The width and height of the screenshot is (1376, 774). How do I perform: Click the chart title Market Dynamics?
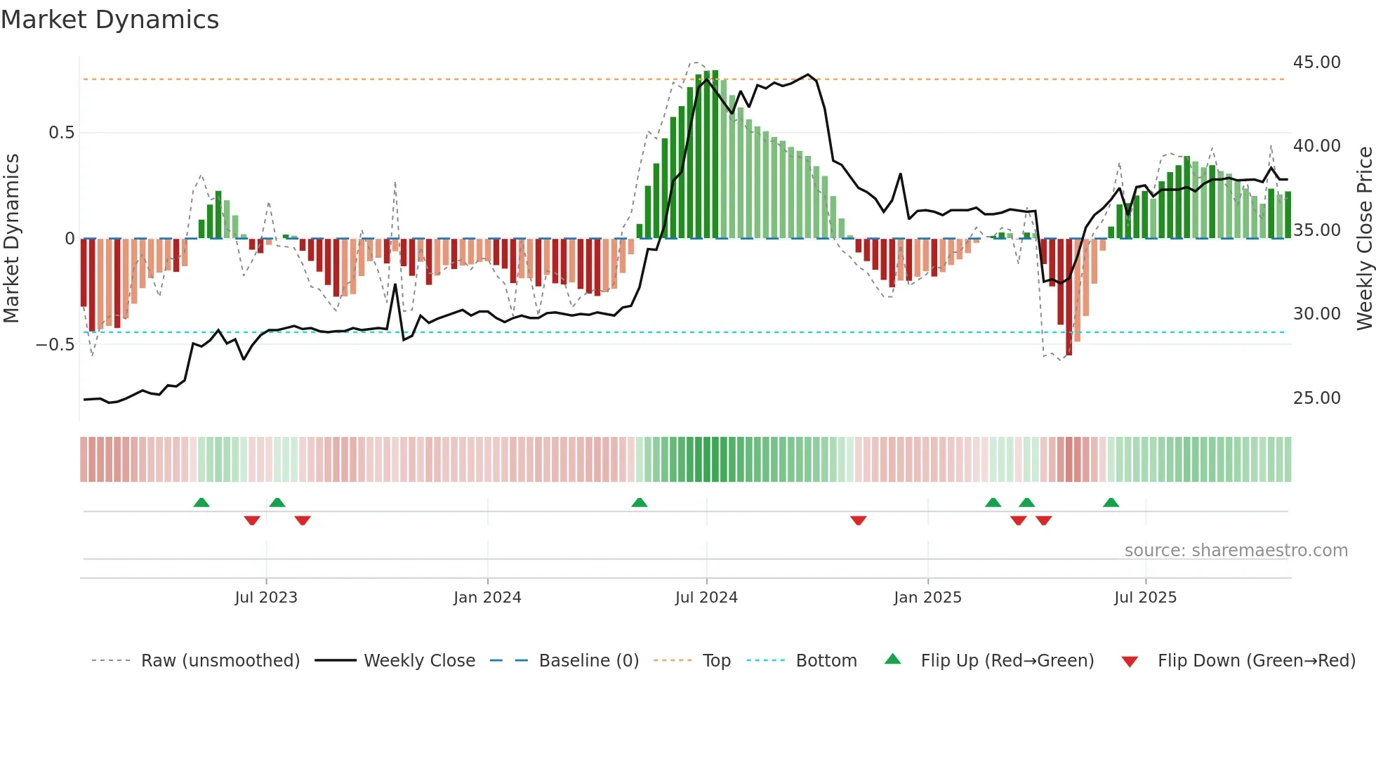click(x=110, y=20)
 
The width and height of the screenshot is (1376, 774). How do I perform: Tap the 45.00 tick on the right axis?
click(x=1316, y=63)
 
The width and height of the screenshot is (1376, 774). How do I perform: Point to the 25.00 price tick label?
click(x=1316, y=398)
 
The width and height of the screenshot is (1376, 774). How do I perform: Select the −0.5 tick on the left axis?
click(x=55, y=345)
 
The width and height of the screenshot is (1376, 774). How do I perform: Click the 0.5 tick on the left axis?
click(x=61, y=133)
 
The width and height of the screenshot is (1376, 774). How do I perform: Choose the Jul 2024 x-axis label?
click(x=706, y=598)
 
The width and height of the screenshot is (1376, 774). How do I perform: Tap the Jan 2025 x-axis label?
click(x=927, y=598)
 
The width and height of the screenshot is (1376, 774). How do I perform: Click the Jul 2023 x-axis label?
click(x=266, y=598)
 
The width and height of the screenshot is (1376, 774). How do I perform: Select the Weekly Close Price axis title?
click(x=1364, y=239)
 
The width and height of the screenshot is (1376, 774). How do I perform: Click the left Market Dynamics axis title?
click(x=11, y=239)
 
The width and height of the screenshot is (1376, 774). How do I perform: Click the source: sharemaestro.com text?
click(x=1236, y=551)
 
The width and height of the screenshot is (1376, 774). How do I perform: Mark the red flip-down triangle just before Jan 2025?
click(x=858, y=520)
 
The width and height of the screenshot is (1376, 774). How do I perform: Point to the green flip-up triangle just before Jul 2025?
click(x=1111, y=503)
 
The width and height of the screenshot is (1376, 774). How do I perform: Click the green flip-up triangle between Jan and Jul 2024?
click(x=639, y=503)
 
